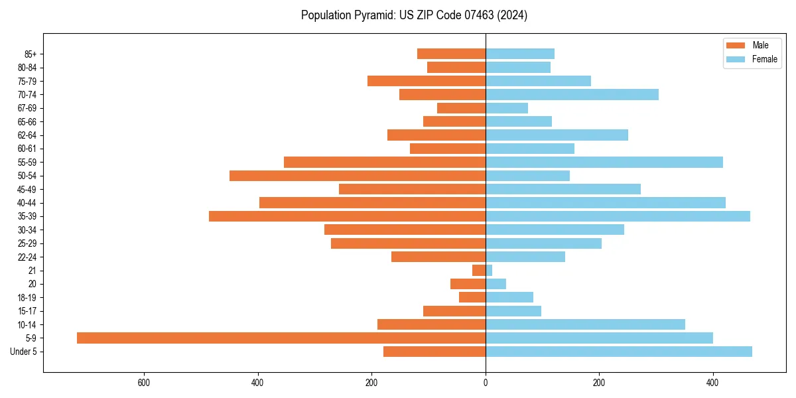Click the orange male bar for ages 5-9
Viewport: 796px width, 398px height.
[x=281, y=338]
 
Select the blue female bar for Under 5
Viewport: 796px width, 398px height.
[x=619, y=352]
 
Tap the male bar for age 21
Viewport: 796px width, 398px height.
[x=479, y=271]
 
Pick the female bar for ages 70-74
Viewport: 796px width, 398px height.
[x=572, y=95]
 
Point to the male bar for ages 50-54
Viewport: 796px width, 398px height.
[x=358, y=176]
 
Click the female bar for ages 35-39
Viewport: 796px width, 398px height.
[x=618, y=216]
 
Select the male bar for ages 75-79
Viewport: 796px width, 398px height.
[x=427, y=81]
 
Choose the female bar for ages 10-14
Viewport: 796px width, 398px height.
[x=585, y=324]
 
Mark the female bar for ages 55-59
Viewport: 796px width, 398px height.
[x=604, y=163]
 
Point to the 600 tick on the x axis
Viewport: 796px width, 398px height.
[x=143, y=383]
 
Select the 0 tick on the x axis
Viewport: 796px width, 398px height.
[x=486, y=383]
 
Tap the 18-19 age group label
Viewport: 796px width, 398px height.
[x=27, y=298]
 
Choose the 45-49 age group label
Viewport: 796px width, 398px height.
[x=27, y=190]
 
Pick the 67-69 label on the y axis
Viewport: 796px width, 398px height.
[x=27, y=108]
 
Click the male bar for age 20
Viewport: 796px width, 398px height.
[x=468, y=284]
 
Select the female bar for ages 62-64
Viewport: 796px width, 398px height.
[x=557, y=135]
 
